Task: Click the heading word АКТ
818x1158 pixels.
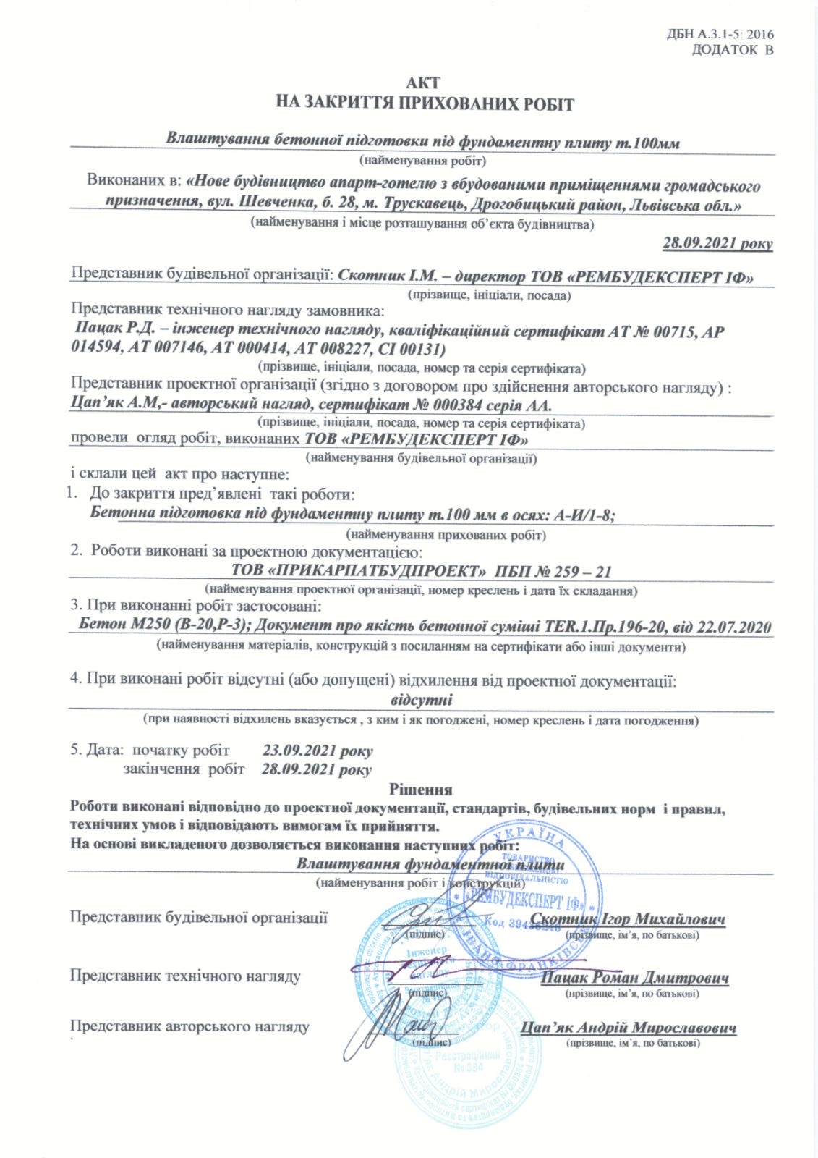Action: tap(422, 83)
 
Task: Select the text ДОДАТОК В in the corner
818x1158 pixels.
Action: tap(732, 50)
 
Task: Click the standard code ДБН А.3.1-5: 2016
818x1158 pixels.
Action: tap(720, 34)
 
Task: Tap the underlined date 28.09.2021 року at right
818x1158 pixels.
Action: tap(717, 243)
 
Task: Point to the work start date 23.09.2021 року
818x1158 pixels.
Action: tap(318, 751)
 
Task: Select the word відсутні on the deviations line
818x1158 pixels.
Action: tap(421, 700)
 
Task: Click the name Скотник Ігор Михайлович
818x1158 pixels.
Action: tap(627, 919)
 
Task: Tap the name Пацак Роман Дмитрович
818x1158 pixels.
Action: tap(635, 978)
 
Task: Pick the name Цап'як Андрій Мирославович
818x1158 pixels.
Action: tap(628, 1028)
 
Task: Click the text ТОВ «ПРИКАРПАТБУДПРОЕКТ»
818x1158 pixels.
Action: tap(357, 571)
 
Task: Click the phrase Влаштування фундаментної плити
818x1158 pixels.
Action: tap(430, 864)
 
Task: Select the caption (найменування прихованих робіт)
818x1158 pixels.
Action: tap(446, 536)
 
